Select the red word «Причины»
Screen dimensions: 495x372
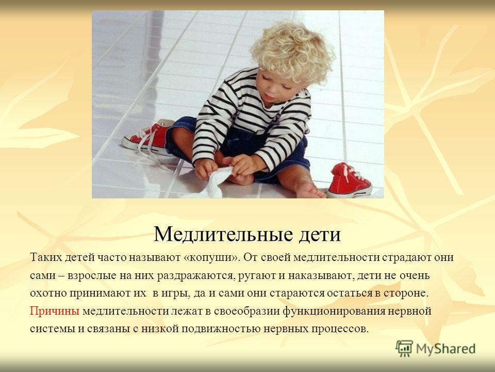[x=55, y=312]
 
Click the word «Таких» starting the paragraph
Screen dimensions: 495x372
[x=46, y=257]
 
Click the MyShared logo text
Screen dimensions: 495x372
[x=445, y=349]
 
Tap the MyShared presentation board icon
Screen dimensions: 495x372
[x=404, y=349]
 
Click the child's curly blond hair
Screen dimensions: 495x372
[x=293, y=52]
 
